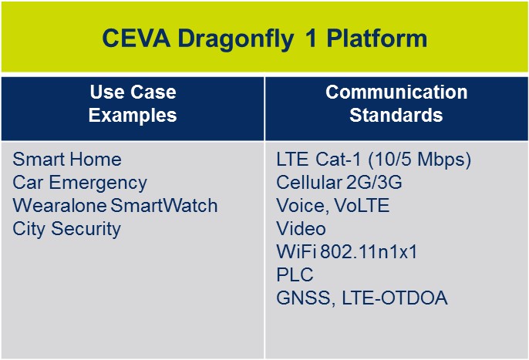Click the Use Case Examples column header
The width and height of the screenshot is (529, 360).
coord(133,104)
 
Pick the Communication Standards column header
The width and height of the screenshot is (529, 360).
coord(396,104)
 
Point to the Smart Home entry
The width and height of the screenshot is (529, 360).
coord(67,160)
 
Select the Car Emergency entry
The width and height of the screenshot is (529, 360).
coord(79,183)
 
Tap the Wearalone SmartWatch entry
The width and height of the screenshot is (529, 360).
coord(115,206)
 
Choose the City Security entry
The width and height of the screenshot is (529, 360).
coord(67,229)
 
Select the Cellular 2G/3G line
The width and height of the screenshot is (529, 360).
coord(339,183)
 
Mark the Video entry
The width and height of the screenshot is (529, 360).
coord(301,229)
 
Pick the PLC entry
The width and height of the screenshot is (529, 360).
coord(292,275)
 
